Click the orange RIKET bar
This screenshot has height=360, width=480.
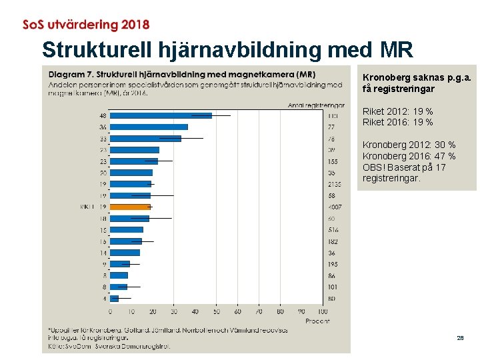point(130,207)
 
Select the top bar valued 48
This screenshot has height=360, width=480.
point(161,115)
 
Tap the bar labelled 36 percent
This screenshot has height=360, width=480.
point(149,127)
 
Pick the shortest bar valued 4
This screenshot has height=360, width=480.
point(114,298)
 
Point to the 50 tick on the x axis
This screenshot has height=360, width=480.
point(216,311)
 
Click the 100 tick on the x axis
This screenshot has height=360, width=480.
point(323,311)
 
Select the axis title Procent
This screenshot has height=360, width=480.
point(317,321)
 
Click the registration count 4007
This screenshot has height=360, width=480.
point(334,207)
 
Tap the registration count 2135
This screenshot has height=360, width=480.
point(334,184)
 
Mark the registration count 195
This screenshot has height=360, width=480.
point(332,264)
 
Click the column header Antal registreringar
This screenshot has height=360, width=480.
point(316,105)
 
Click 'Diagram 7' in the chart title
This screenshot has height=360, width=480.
point(68,74)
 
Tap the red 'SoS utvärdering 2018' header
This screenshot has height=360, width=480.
point(86,25)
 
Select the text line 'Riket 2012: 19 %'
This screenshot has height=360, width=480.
point(397,111)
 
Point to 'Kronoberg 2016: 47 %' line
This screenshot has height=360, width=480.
point(409,156)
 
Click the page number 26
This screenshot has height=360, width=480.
point(460,339)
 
